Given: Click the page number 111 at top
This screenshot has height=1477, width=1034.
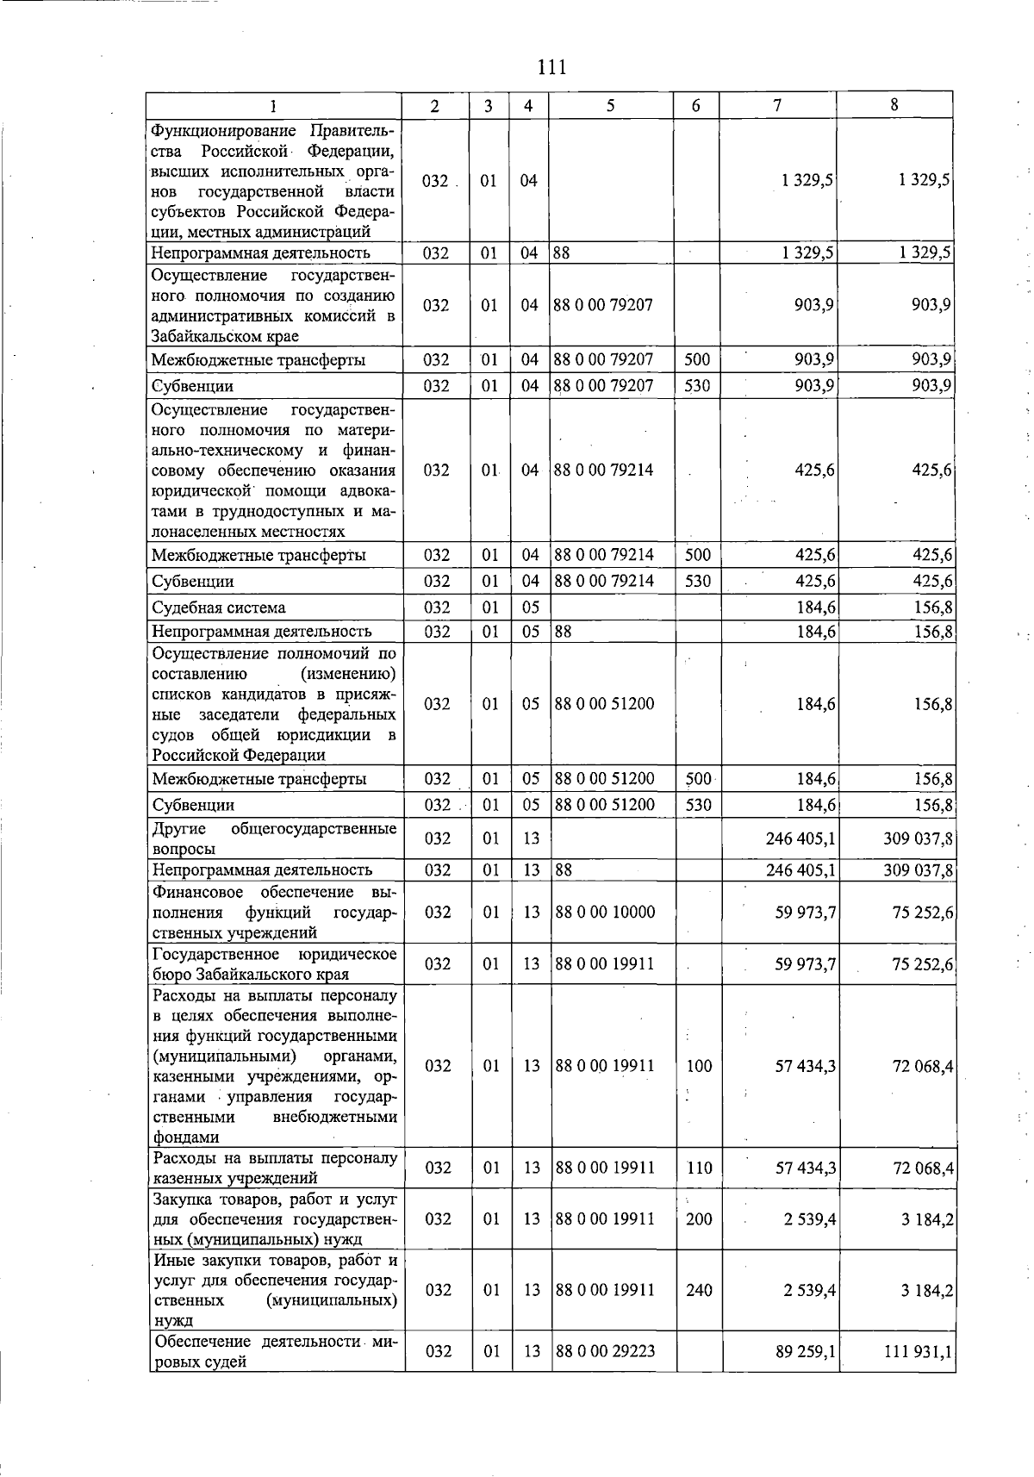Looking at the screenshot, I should click(x=551, y=66).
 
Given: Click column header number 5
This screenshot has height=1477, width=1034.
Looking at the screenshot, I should click(x=610, y=106).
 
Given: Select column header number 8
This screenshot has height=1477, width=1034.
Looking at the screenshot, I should click(x=894, y=105).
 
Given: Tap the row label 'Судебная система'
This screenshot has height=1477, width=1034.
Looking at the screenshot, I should click(x=218, y=608).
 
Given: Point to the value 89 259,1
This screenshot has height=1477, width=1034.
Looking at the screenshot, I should click(x=806, y=1352).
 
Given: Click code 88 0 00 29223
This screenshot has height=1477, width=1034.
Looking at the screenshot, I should click(x=605, y=1351).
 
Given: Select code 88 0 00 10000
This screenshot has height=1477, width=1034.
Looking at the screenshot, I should click(x=605, y=912).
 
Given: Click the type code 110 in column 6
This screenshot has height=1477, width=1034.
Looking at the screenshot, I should click(x=699, y=1168).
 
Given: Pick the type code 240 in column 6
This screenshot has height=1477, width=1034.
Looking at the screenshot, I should click(x=699, y=1290).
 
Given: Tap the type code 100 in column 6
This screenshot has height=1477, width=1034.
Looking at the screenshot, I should click(x=699, y=1066).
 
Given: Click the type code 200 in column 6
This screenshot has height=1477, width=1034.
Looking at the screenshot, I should click(x=699, y=1218).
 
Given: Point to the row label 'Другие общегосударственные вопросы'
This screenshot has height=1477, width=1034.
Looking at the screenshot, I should click(x=274, y=838).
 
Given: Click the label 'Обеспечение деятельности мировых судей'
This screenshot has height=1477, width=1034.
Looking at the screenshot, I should click(x=274, y=1352).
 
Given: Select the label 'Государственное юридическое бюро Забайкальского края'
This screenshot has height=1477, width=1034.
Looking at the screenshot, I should click(x=274, y=964).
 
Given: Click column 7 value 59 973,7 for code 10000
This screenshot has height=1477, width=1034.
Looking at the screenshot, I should click(x=806, y=912).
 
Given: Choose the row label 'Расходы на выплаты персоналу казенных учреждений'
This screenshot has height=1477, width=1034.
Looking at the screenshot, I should click(x=274, y=1168).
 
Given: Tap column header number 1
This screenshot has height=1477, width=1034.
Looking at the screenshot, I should click(x=272, y=106).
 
